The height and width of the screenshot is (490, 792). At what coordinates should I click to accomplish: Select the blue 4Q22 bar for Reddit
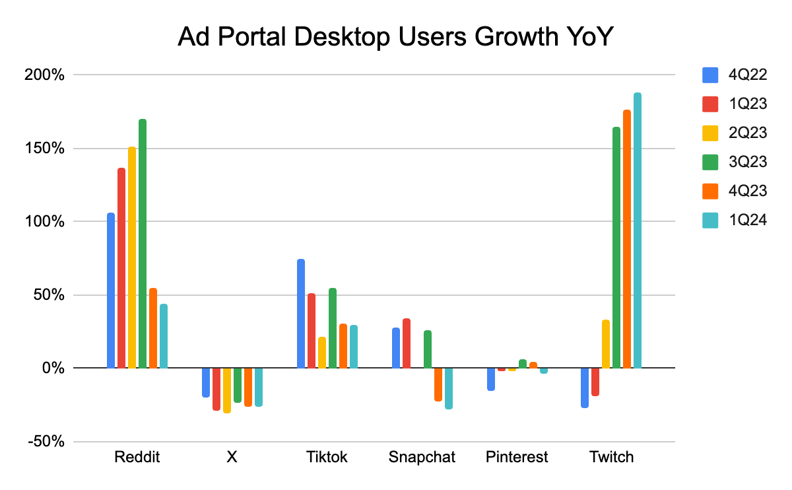(111, 291)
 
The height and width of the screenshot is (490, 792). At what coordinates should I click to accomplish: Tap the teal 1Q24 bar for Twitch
(638, 230)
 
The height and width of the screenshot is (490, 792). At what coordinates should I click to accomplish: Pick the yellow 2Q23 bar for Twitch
(606, 343)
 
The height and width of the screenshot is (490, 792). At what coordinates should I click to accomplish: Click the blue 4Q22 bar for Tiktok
(301, 314)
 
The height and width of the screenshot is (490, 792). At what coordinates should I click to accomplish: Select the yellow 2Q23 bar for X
(227, 390)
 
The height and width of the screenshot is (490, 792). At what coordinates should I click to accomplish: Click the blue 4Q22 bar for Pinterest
(491, 379)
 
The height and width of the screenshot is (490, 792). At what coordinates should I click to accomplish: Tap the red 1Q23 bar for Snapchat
(407, 343)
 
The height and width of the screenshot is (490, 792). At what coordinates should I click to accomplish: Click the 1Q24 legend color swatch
(710, 220)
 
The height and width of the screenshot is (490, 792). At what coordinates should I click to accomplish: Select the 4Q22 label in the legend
(748, 75)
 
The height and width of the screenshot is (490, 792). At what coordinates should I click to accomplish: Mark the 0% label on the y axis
(52, 368)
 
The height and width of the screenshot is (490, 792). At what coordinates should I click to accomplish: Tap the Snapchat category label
(422, 457)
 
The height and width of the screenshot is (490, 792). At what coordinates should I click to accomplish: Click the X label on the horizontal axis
(232, 457)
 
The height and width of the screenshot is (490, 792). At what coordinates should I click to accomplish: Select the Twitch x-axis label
(612, 457)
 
